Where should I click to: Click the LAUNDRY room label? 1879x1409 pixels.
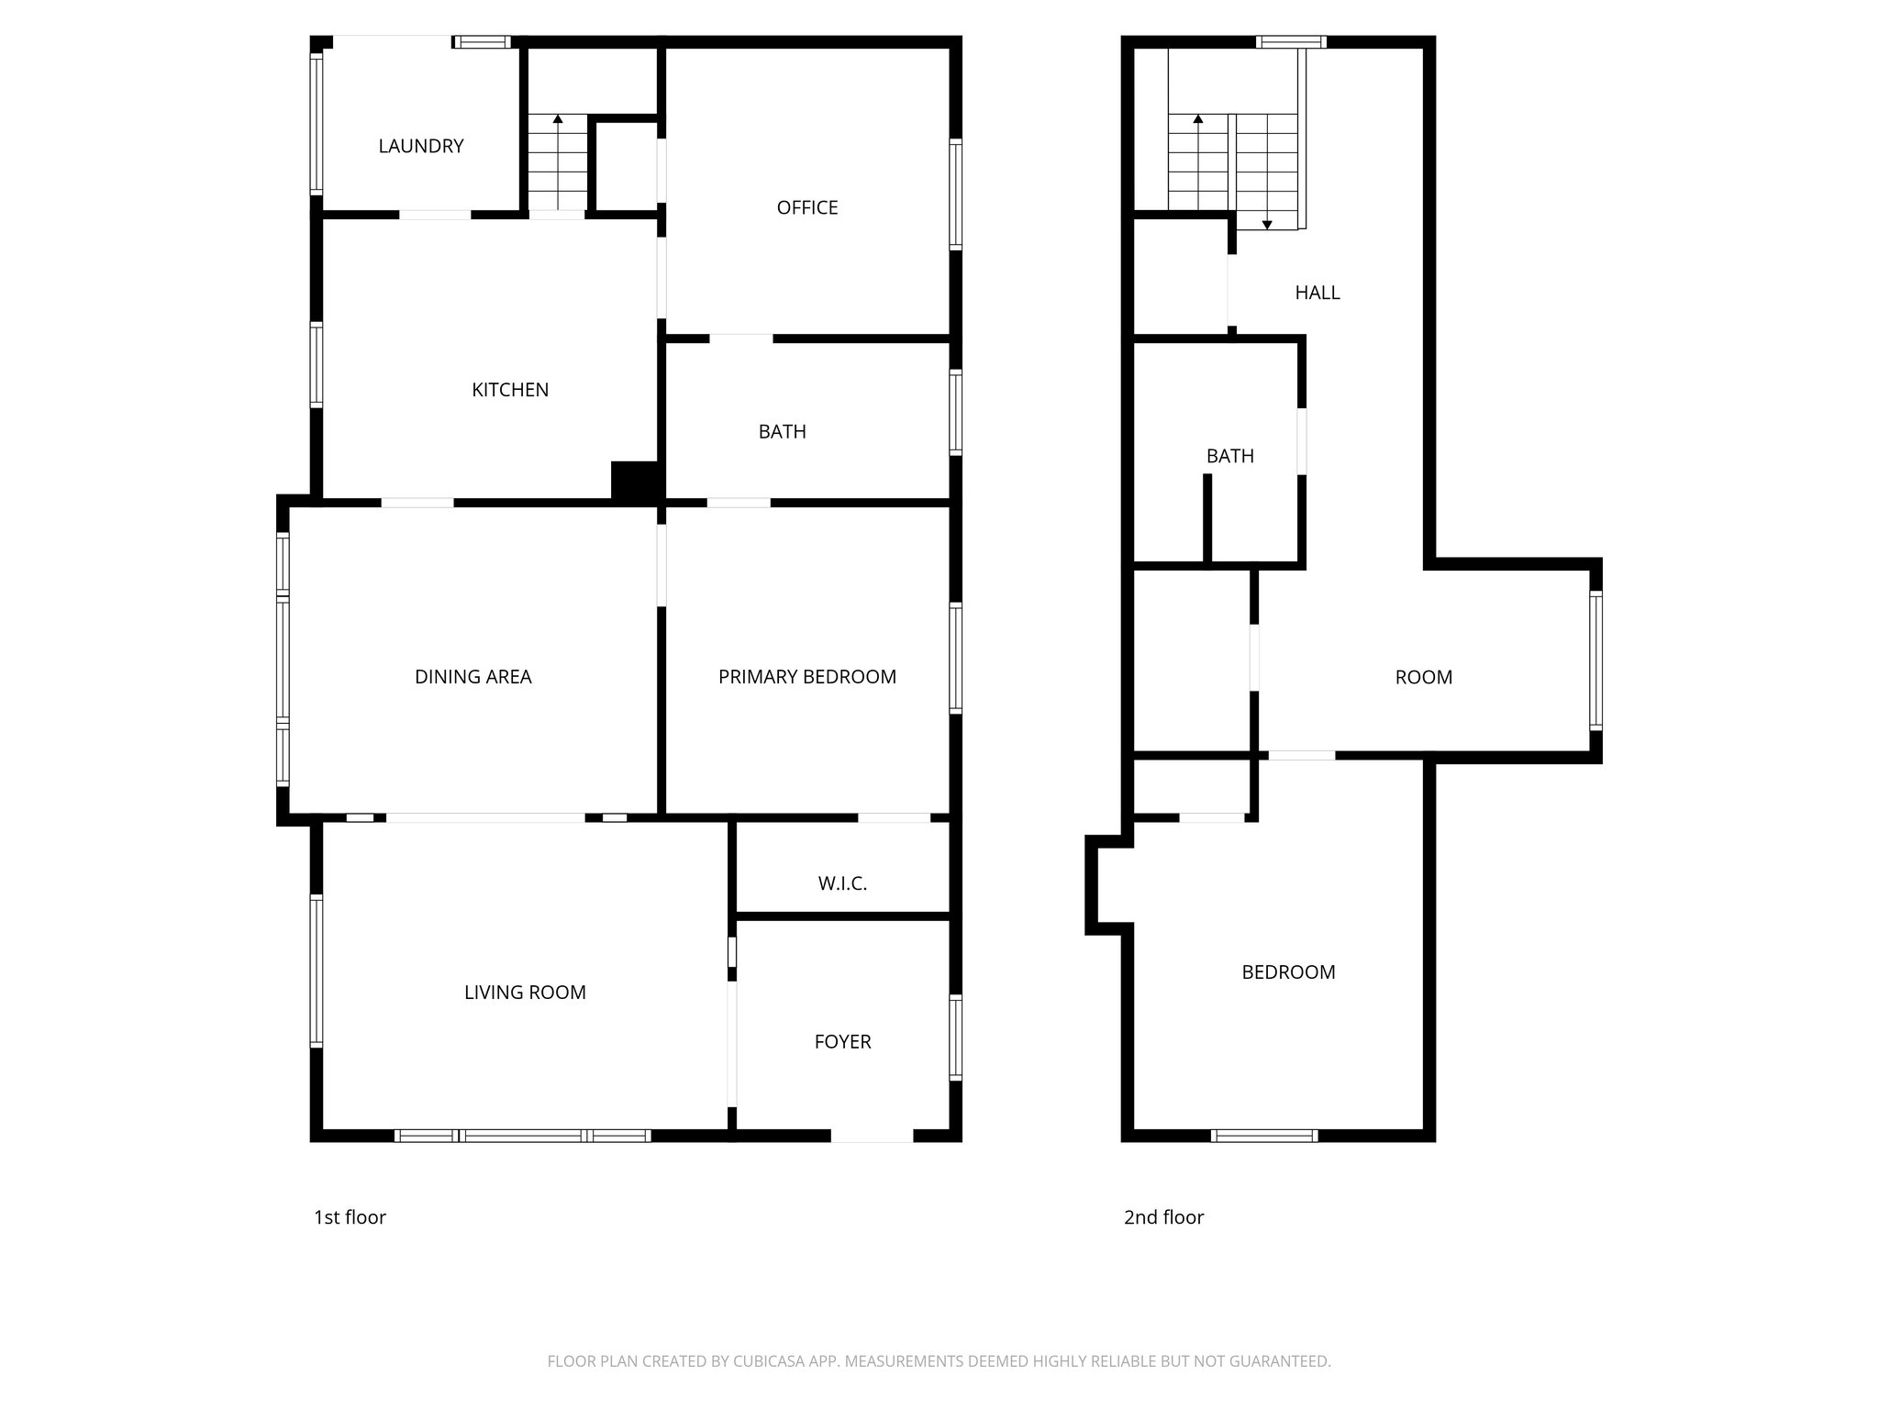(x=421, y=146)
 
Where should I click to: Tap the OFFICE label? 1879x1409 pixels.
(x=807, y=207)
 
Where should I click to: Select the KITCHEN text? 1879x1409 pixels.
(x=510, y=390)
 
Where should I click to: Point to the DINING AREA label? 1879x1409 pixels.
(x=473, y=677)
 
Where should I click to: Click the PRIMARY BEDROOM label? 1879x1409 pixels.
(x=806, y=677)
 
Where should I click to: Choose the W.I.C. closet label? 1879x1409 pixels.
(x=842, y=883)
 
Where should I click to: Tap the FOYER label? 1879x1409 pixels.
(x=842, y=1041)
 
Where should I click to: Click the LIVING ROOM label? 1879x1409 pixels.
(x=525, y=992)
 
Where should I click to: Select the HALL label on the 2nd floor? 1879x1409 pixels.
(x=1317, y=293)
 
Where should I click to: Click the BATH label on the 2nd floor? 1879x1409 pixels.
(x=1229, y=456)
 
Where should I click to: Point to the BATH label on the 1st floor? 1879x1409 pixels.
(x=782, y=431)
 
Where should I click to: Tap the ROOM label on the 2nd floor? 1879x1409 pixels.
(x=1423, y=677)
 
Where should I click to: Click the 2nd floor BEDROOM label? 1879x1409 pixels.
(x=1288, y=972)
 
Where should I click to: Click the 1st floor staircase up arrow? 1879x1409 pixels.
(x=557, y=119)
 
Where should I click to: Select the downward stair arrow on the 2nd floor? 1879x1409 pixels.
(x=1267, y=224)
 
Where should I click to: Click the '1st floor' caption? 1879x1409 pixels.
(x=350, y=1217)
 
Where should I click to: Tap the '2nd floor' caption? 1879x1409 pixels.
(x=1163, y=1217)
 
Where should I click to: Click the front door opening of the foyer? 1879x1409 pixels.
(x=872, y=1136)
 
